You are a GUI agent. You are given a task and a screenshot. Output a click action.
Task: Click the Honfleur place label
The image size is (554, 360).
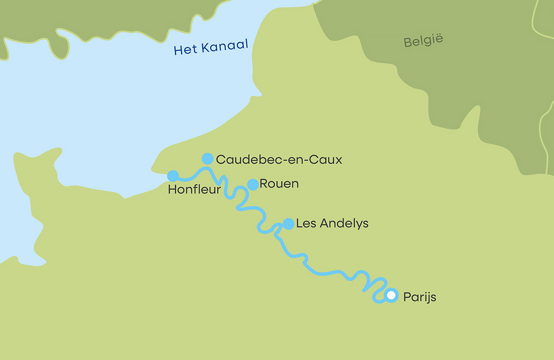194,189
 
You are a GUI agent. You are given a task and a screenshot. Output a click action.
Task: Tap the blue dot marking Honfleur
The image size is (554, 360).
173,176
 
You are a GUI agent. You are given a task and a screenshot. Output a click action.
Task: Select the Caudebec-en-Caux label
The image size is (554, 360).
279,159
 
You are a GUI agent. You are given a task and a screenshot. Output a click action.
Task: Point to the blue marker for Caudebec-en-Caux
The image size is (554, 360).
207,159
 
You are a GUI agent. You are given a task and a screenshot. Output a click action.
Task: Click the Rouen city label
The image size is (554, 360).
279,184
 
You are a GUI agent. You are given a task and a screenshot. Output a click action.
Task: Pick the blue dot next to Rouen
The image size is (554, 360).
253,184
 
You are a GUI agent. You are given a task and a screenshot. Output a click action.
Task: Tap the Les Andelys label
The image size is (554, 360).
332,223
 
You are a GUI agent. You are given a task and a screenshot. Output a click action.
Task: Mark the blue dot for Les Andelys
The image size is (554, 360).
288,224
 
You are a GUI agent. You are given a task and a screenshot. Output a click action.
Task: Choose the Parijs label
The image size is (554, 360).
419,297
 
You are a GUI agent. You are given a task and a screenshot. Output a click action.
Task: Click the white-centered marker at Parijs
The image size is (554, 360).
391,295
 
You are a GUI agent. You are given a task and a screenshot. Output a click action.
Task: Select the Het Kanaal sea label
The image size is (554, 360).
211,47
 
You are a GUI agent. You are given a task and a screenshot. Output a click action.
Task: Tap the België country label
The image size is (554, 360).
423,40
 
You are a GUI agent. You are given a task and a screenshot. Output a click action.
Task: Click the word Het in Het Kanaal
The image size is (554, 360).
185,50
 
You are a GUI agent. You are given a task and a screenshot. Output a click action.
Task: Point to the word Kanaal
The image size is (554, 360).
224,46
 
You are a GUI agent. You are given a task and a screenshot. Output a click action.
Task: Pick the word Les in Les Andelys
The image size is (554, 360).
305,223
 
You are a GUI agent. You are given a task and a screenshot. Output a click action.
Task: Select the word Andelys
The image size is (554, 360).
344,224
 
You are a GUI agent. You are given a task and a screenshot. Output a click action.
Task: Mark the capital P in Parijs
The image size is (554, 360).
407,297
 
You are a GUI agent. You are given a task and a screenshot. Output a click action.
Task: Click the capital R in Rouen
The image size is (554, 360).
264,184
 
